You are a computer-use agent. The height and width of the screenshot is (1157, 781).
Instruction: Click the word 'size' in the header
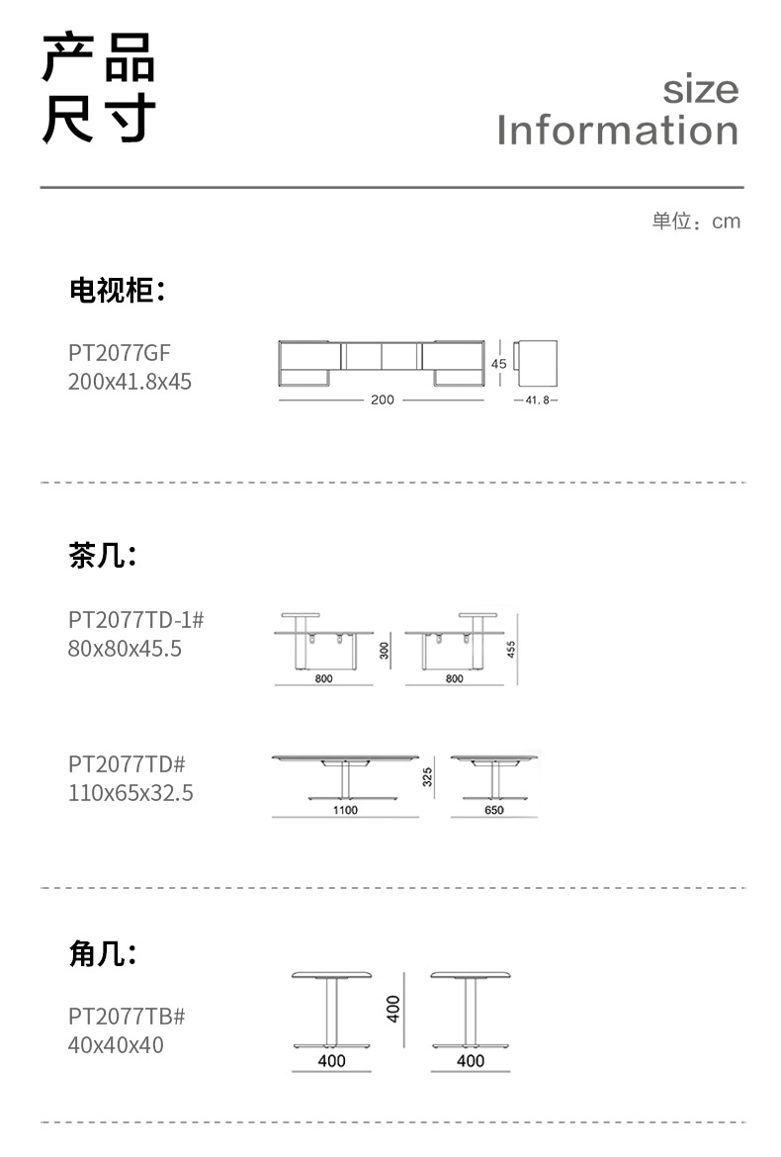click(700, 90)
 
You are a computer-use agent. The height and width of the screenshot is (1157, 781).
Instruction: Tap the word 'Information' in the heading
click(618, 131)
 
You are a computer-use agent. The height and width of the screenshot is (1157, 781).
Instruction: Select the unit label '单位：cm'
click(695, 222)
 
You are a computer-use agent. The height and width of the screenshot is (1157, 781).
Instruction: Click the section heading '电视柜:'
click(117, 290)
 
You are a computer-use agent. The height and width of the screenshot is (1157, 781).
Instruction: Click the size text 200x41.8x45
click(130, 381)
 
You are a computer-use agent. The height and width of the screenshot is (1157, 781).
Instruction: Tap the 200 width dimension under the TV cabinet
click(383, 400)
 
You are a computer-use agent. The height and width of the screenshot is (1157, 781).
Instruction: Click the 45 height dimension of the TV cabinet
click(499, 364)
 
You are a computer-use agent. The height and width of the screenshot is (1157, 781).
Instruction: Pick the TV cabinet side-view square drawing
click(539, 363)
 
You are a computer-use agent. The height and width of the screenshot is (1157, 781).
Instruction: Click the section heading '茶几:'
click(103, 556)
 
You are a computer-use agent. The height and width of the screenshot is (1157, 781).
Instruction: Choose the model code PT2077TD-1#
click(136, 620)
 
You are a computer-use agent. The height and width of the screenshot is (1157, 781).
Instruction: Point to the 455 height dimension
click(511, 649)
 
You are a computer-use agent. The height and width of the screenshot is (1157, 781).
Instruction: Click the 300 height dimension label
click(384, 650)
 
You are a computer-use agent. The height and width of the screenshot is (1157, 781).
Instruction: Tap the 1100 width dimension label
click(345, 809)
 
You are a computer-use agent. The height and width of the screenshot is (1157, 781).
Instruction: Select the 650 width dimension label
click(494, 809)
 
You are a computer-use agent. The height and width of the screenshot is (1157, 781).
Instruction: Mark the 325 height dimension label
click(428, 778)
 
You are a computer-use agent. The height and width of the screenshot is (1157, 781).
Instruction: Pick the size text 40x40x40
click(116, 1044)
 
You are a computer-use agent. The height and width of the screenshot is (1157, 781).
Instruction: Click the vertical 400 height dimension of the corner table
click(392, 1009)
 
